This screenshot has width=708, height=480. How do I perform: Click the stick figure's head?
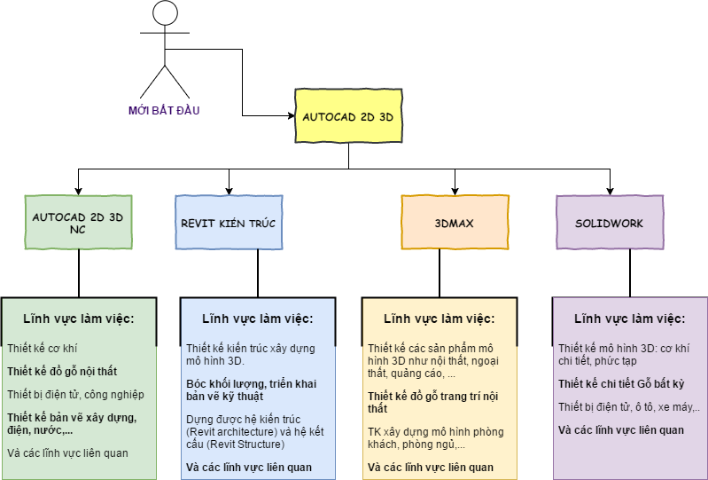[x=164, y=13]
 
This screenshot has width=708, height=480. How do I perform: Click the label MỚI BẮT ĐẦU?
[x=164, y=110]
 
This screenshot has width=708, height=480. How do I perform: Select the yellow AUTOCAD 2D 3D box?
[x=348, y=116]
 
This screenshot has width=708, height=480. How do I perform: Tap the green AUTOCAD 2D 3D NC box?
[x=78, y=222]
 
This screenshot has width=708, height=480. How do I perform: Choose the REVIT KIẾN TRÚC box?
[x=230, y=223]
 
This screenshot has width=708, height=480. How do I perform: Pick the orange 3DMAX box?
[x=455, y=223]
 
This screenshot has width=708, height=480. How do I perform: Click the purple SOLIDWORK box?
[x=610, y=223]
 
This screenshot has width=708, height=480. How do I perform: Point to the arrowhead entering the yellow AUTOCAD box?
[x=290, y=116]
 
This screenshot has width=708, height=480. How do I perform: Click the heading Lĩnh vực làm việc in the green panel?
[x=78, y=319]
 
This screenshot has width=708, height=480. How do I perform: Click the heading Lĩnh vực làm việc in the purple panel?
[x=629, y=319]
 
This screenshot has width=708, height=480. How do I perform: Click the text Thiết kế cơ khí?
[x=43, y=349]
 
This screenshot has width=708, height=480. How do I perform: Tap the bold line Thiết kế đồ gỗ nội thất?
[x=62, y=372]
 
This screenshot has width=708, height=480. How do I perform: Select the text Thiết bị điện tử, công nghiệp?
[x=75, y=395]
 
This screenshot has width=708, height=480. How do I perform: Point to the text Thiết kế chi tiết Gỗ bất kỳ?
[x=620, y=384]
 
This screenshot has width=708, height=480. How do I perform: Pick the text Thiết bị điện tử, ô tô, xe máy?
[x=628, y=407]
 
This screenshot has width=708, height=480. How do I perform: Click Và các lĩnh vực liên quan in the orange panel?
[x=431, y=468]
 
